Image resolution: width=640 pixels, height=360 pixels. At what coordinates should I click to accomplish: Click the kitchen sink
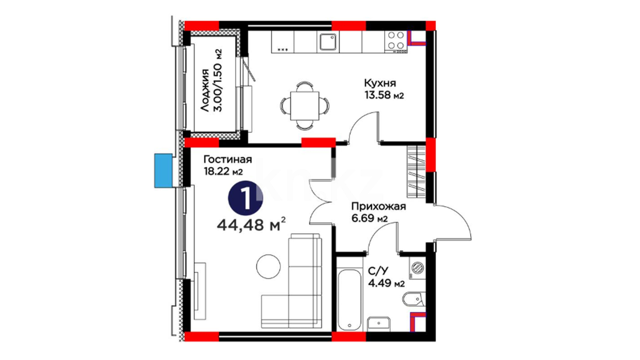click(328, 42)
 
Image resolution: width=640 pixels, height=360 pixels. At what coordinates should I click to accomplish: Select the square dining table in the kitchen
click(305, 106)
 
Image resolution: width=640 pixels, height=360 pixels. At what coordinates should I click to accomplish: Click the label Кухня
click(380, 83)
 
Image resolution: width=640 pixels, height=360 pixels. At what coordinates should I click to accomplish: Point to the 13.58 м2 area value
click(384, 95)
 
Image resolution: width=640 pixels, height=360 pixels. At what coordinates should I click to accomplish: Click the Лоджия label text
click(206, 90)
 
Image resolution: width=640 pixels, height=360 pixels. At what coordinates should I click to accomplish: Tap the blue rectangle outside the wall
click(163, 170)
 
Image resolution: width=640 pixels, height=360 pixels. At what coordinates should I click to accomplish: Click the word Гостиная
click(228, 159)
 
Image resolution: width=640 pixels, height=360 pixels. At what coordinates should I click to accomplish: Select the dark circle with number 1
click(245, 198)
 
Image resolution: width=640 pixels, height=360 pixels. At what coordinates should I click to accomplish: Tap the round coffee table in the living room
click(268, 266)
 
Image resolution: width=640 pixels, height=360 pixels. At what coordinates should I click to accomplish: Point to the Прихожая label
click(378, 206)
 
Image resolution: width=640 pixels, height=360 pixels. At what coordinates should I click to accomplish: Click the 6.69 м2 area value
click(369, 219)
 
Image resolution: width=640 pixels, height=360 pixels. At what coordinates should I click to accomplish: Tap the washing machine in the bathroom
click(417, 268)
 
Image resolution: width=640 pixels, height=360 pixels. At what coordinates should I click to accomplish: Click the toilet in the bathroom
click(414, 299)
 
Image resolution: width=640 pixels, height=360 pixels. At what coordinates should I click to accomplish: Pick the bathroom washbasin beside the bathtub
click(379, 324)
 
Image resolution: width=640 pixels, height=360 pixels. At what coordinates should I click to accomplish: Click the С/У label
click(378, 271)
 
